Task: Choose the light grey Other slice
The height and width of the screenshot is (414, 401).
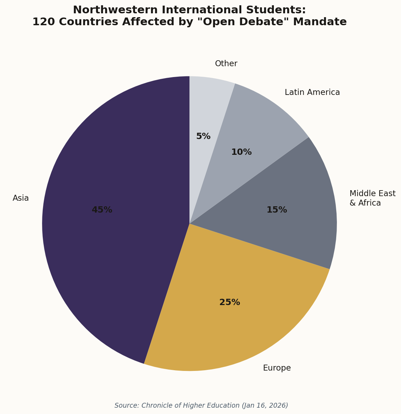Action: click(207, 105)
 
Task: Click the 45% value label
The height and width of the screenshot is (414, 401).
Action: click(102, 210)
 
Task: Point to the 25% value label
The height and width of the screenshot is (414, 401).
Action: click(229, 302)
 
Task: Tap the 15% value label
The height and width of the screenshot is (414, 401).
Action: click(277, 210)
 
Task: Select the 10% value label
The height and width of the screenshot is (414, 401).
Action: click(241, 152)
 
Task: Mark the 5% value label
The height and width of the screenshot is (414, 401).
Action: click(203, 136)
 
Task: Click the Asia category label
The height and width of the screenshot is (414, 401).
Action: click(21, 198)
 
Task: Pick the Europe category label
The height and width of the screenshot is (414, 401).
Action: click(277, 368)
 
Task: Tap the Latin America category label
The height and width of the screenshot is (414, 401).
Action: click(312, 92)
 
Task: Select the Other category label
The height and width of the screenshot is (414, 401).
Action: click(226, 64)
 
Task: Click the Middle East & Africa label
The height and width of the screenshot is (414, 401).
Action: click(372, 198)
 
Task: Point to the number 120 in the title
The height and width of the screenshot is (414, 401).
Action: click(44, 22)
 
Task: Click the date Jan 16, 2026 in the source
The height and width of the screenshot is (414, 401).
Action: click(265, 406)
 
